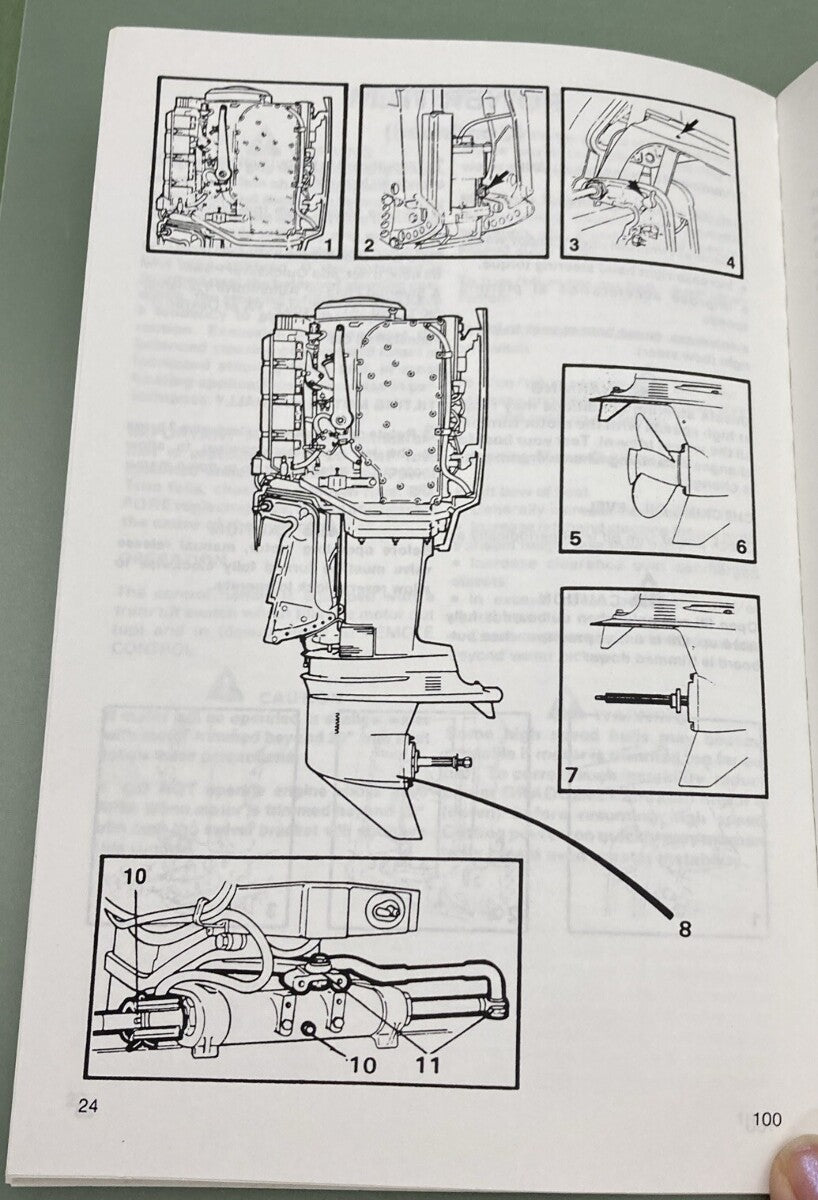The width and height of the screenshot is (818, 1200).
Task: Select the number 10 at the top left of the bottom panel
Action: click(137, 872)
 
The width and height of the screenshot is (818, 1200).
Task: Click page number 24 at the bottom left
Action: click(89, 1106)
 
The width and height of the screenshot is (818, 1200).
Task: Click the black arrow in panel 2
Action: click(495, 178)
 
